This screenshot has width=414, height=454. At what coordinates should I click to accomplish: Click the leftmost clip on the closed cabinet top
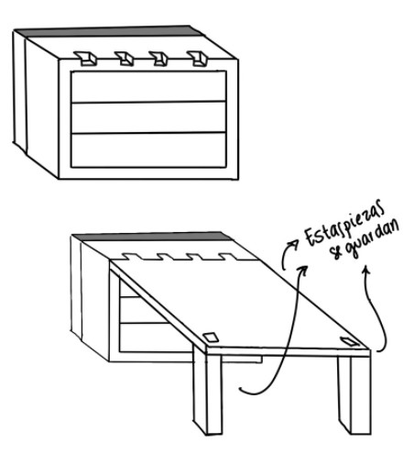[86, 58]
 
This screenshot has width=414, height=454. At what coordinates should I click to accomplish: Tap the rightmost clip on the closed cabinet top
[198, 58]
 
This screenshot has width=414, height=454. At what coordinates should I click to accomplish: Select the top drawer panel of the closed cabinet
[148, 87]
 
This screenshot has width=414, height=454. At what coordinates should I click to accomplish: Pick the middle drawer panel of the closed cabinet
[148, 117]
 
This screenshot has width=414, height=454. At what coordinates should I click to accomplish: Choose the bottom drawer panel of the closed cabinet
[148, 150]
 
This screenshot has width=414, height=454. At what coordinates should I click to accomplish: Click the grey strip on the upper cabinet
[107, 31]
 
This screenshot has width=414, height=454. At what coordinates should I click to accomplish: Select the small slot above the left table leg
[211, 338]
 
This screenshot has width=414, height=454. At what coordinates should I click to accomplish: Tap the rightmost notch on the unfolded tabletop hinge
[227, 257]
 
